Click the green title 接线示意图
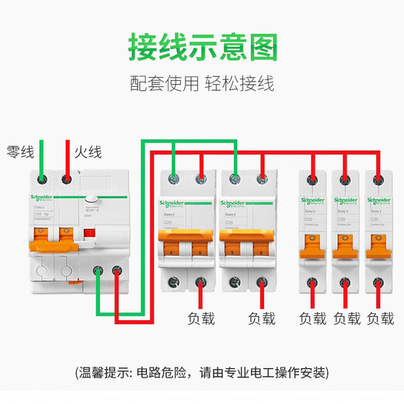coord(201,47)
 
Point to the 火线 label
coord(88,151)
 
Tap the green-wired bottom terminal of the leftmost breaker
coord(99,271)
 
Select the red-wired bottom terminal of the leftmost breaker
coord(116,271)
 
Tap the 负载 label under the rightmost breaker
coord(380,318)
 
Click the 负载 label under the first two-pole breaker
coord(201,318)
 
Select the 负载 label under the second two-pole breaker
coord(261,318)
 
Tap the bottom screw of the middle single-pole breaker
coord(347,283)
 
